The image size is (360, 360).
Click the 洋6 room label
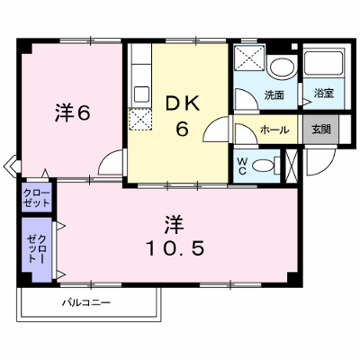[x=72, y=113]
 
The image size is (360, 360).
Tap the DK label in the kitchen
[x=183, y=104]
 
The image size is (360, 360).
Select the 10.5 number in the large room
[x=175, y=248]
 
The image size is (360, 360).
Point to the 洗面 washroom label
[x=274, y=95]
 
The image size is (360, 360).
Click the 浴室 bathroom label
[x=324, y=94]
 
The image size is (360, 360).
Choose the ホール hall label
[x=274, y=130]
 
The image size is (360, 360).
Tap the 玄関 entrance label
[x=321, y=130]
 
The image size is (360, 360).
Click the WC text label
[x=242, y=166]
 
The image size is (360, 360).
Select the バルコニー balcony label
[x=86, y=302]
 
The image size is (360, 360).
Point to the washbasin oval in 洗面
[x=282, y=67]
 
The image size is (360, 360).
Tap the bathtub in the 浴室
[x=323, y=63]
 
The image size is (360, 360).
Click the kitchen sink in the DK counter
[x=141, y=94]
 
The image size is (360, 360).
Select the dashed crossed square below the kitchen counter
[x=140, y=120]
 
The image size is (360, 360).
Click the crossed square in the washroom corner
[x=249, y=58]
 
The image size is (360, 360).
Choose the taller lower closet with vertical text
[x=37, y=249]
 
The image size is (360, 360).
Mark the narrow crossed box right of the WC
[x=291, y=166]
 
